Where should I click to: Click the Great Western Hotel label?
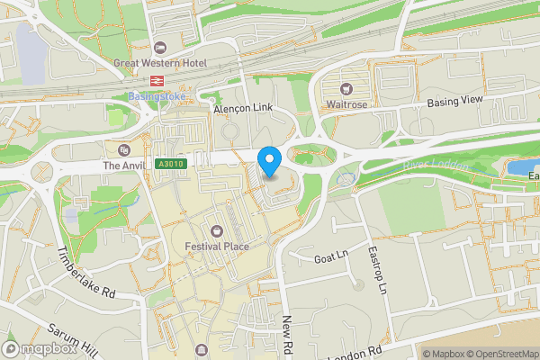point(160,63)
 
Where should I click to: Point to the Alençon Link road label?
point(242,108)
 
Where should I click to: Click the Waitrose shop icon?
point(346,88)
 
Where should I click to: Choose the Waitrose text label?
point(346,104)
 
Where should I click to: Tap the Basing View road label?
point(455,102)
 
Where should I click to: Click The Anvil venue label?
point(123,166)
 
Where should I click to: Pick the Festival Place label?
point(216,247)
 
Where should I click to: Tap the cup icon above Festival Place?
point(216,231)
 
